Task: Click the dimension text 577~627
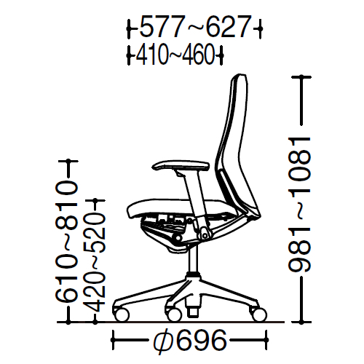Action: pyautogui.click(x=195, y=27)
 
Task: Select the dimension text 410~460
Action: pyautogui.click(x=175, y=55)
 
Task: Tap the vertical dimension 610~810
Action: pyautogui.click(x=67, y=242)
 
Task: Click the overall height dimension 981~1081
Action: pyautogui.click(x=299, y=204)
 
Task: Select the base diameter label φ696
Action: pyautogui.click(x=190, y=340)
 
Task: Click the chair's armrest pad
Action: pyautogui.click(x=181, y=165)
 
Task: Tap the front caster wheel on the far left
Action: pyautogui.click(x=122, y=314)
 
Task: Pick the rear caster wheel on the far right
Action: pyautogui.click(x=259, y=314)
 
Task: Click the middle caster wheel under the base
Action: pyautogui.click(x=174, y=314)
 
